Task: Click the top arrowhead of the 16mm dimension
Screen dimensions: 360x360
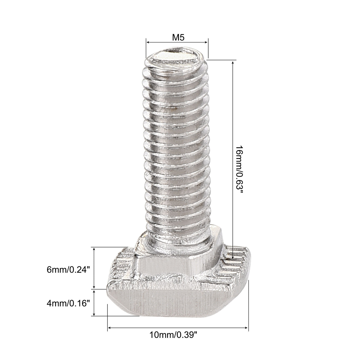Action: pyautogui.click(x=233, y=62)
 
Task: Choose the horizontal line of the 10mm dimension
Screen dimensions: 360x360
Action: pyautogui.click(x=177, y=328)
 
